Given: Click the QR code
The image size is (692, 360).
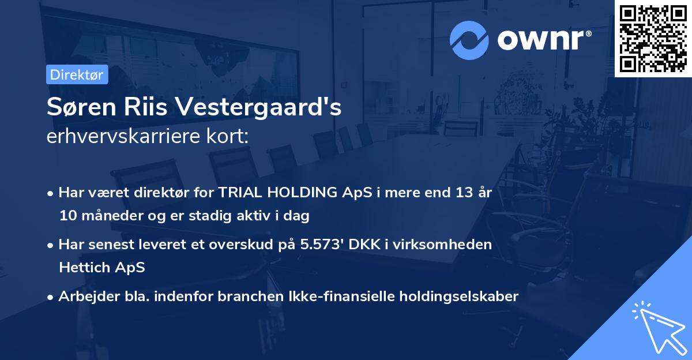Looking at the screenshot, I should [x=653, y=38].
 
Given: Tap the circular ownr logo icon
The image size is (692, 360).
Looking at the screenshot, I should [x=469, y=40].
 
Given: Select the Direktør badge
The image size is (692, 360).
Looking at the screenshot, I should [x=77, y=74].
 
